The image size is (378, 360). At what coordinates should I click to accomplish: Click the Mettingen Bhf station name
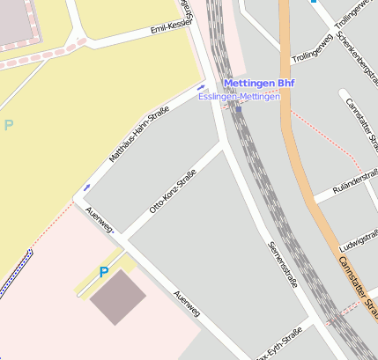tap(259, 84)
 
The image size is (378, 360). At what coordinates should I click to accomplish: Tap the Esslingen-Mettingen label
tap(239, 96)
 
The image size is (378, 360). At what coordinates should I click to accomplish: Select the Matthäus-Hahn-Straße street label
tap(138, 134)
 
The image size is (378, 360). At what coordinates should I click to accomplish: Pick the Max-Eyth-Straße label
tap(278, 345)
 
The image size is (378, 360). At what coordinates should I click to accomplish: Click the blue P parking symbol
tap(104, 273)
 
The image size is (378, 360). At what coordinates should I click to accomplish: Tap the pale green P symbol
tap(9, 125)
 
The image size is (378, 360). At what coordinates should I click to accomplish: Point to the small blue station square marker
tap(238, 110)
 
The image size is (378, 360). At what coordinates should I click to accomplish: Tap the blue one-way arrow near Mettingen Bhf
tap(201, 87)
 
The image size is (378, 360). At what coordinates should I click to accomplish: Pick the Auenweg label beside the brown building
tap(187, 304)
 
